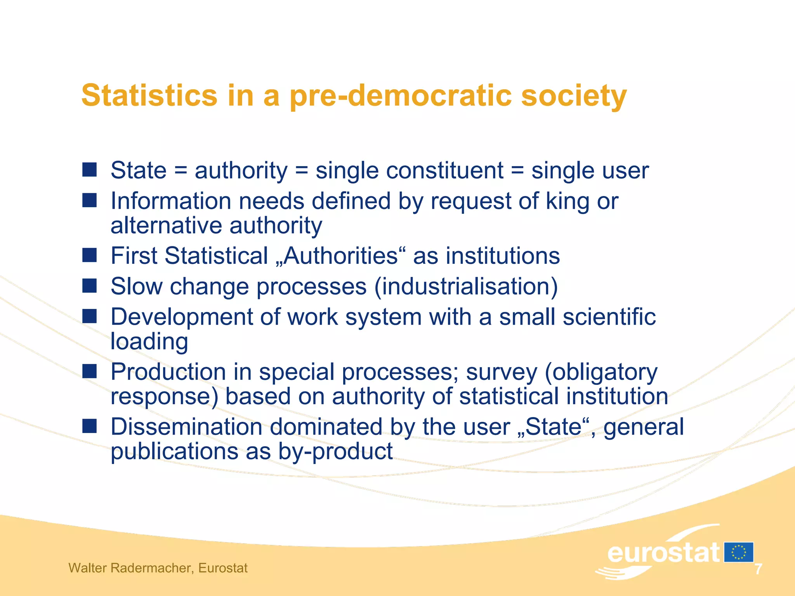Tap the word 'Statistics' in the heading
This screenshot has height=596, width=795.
click(149, 96)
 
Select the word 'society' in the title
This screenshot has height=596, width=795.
click(574, 96)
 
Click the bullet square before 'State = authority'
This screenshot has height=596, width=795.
click(90, 170)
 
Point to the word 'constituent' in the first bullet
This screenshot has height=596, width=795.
click(409, 170)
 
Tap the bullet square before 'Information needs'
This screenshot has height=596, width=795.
click(90, 200)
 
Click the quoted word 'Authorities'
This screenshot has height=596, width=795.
click(341, 256)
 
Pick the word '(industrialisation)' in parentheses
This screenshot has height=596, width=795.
click(466, 286)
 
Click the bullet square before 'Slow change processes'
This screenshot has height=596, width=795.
click(90, 286)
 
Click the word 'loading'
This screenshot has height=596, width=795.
click(149, 341)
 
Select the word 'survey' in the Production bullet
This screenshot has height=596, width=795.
click(502, 372)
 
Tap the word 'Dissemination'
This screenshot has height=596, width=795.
click(187, 427)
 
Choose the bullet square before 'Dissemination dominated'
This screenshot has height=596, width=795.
click(90, 426)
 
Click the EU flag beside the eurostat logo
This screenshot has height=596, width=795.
click(738, 552)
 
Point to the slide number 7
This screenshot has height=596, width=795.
click(758, 569)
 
